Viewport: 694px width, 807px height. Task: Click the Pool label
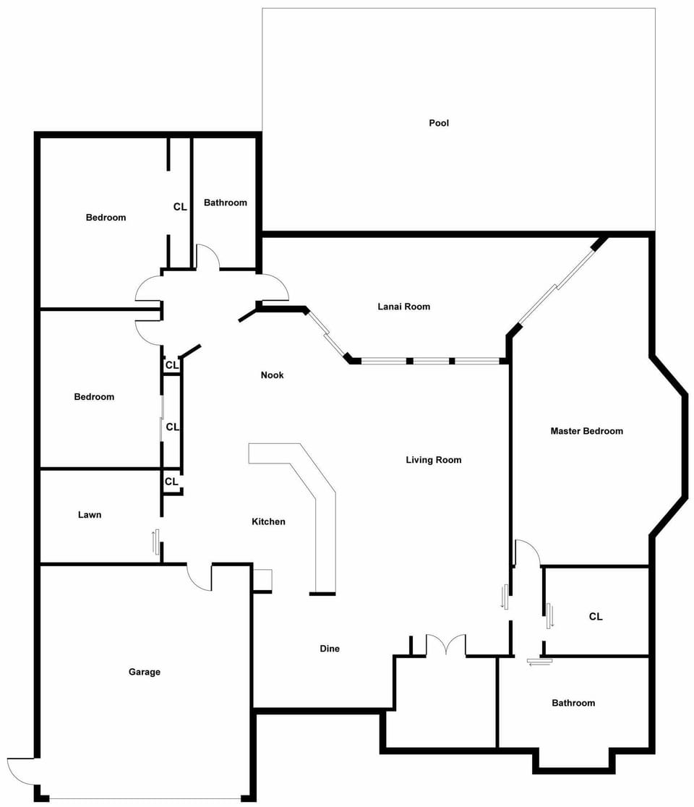(439, 123)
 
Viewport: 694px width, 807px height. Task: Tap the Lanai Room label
(404, 307)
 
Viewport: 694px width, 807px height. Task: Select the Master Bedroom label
(586, 431)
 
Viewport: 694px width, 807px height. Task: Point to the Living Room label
(434, 460)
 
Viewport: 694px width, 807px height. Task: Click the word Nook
(272, 375)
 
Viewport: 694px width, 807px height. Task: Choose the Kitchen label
(268, 522)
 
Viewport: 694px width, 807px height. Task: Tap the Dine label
(330, 649)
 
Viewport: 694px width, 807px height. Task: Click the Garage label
(145, 672)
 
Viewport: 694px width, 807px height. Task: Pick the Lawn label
(90, 515)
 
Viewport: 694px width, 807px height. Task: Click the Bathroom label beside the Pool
(226, 202)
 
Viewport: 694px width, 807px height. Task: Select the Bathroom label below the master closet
(573, 703)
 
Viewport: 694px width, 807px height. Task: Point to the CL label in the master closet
(596, 617)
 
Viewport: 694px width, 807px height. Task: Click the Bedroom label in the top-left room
(106, 218)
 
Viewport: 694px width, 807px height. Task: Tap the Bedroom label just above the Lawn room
(94, 397)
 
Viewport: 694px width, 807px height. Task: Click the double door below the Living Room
(446, 644)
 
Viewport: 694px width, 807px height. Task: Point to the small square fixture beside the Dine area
(263, 579)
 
